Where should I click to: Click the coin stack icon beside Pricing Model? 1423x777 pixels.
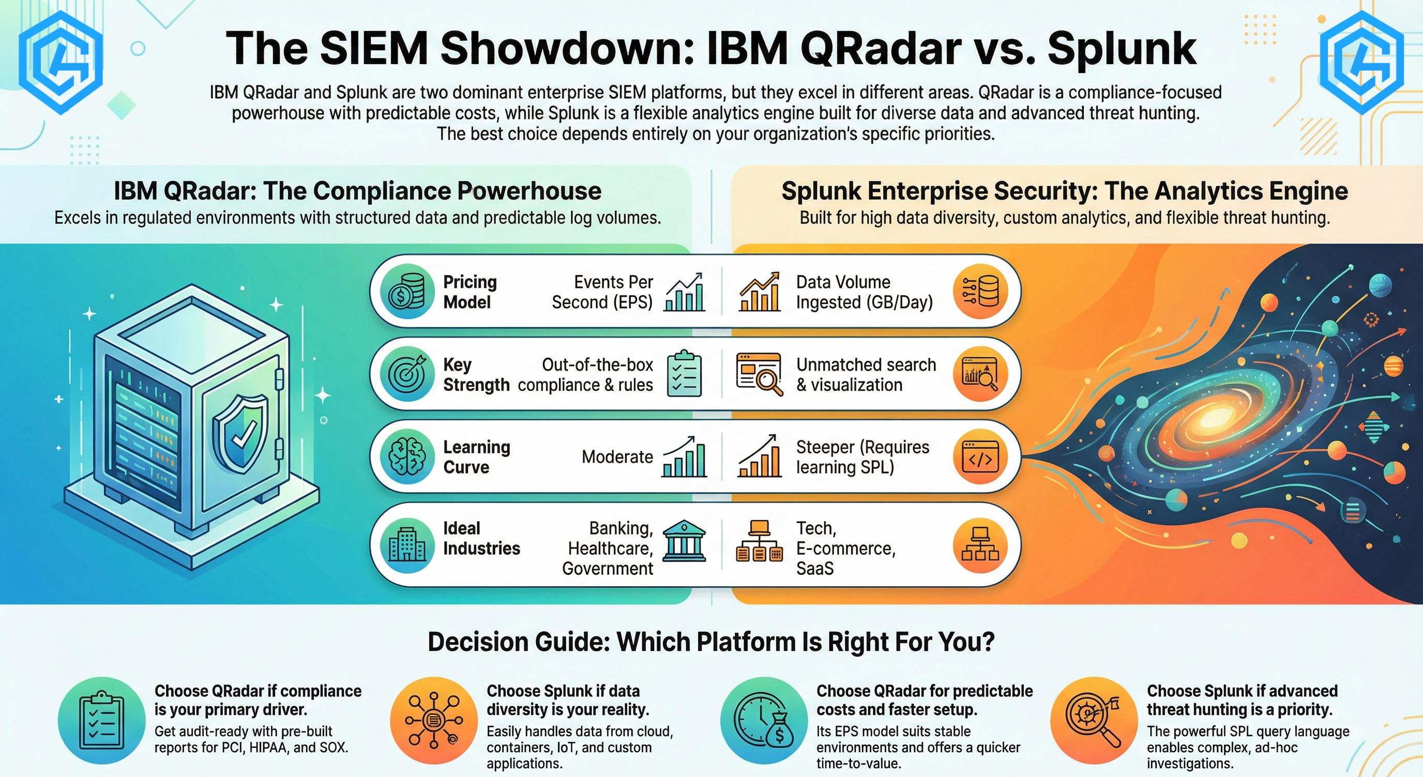407,292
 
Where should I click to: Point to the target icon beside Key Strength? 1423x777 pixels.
407,374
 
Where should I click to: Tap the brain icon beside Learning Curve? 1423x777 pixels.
407,456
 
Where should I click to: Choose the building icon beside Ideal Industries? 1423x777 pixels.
407,545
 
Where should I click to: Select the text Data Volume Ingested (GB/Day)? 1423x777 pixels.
865,292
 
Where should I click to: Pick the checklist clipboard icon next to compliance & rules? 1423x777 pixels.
685,373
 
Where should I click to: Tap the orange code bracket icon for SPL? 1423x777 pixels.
980,456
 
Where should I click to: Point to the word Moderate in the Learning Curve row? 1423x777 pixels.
617,457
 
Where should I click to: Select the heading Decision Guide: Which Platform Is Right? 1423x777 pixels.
711,642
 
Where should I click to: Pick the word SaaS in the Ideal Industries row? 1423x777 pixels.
815,569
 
